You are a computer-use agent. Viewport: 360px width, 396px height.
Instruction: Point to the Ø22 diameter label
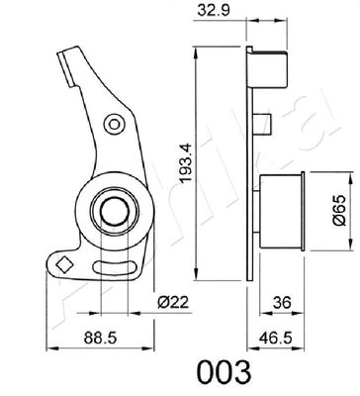click(174, 301)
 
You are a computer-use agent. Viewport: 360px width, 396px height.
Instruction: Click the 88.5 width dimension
click(95, 338)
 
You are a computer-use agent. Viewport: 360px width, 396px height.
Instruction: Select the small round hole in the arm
click(115, 125)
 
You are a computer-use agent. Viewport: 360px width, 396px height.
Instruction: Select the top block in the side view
click(271, 71)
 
